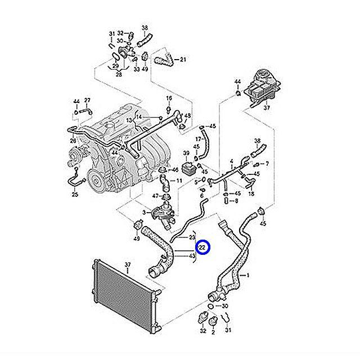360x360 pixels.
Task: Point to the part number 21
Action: point(183,59)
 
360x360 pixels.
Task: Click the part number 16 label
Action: point(168,98)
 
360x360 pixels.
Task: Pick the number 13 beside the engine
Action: point(129,120)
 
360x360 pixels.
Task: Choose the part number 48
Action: point(187,116)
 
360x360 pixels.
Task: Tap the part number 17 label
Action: point(198,138)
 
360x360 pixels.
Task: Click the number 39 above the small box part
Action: point(186,153)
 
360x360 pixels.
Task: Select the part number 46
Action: point(175,169)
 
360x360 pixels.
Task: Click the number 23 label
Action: point(192,237)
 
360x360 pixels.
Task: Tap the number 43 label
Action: point(192,256)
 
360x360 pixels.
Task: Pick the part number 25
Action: point(75,195)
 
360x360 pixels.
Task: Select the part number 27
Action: point(87,101)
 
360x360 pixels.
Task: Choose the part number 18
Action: point(251,192)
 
